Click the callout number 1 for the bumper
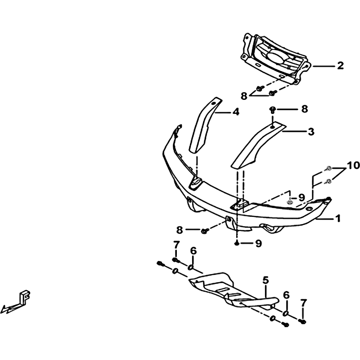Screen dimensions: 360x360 pyautogui.click(x=338, y=218)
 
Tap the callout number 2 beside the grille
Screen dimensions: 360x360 pyautogui.click(x=340, y=66)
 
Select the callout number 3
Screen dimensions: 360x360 pyautogui.click(x=311, y=132)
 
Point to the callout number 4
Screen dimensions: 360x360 pyautogui.click(x=236, y=112)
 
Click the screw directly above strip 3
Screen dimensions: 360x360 pyautogui.click(x=273, y=110)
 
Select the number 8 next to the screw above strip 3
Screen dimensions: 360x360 pyautogui.click(x=305, y=109)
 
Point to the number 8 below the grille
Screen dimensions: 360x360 pyautogui.click(x=244, y=96)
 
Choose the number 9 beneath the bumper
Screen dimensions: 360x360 pyautogui.click(x=259, y=243)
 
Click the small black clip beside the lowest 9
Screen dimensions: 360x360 pyautogui.click(x=237, y=243)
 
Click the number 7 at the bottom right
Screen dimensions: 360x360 pyautogui.click(x=303, y=303)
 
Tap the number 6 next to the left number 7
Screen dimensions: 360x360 pyautogui.click(x=193, y=251)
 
